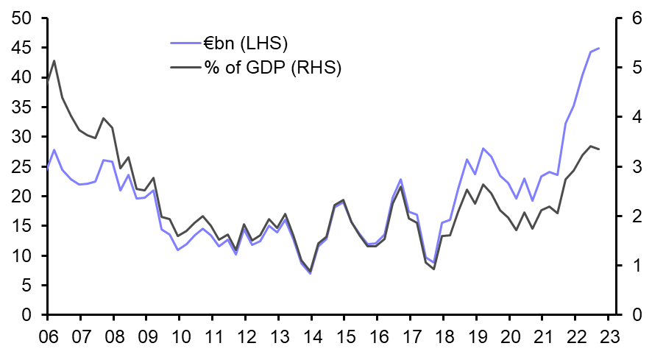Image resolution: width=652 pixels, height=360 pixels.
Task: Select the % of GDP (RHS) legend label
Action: [273, 67]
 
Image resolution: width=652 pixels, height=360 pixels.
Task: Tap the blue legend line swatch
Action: [184, 42]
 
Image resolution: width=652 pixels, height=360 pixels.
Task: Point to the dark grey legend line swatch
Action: [184, 67]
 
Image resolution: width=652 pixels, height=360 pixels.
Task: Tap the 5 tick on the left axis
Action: [26, 286]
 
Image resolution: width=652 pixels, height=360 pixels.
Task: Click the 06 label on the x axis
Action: [47, 336]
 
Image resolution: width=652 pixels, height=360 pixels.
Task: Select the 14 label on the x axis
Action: [311, 336]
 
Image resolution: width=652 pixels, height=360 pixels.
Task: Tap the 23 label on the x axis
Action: [608, 336]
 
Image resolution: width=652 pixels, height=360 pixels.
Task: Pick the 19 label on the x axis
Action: [476, 336]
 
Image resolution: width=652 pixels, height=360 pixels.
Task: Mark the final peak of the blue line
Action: [598, 48]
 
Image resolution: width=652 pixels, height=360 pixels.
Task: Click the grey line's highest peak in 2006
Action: [54, 60]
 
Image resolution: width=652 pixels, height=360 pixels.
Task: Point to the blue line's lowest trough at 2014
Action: [311, 273]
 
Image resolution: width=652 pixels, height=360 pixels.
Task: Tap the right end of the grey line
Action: [599, 149]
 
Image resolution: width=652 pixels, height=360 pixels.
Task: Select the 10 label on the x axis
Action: [179, 336]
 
